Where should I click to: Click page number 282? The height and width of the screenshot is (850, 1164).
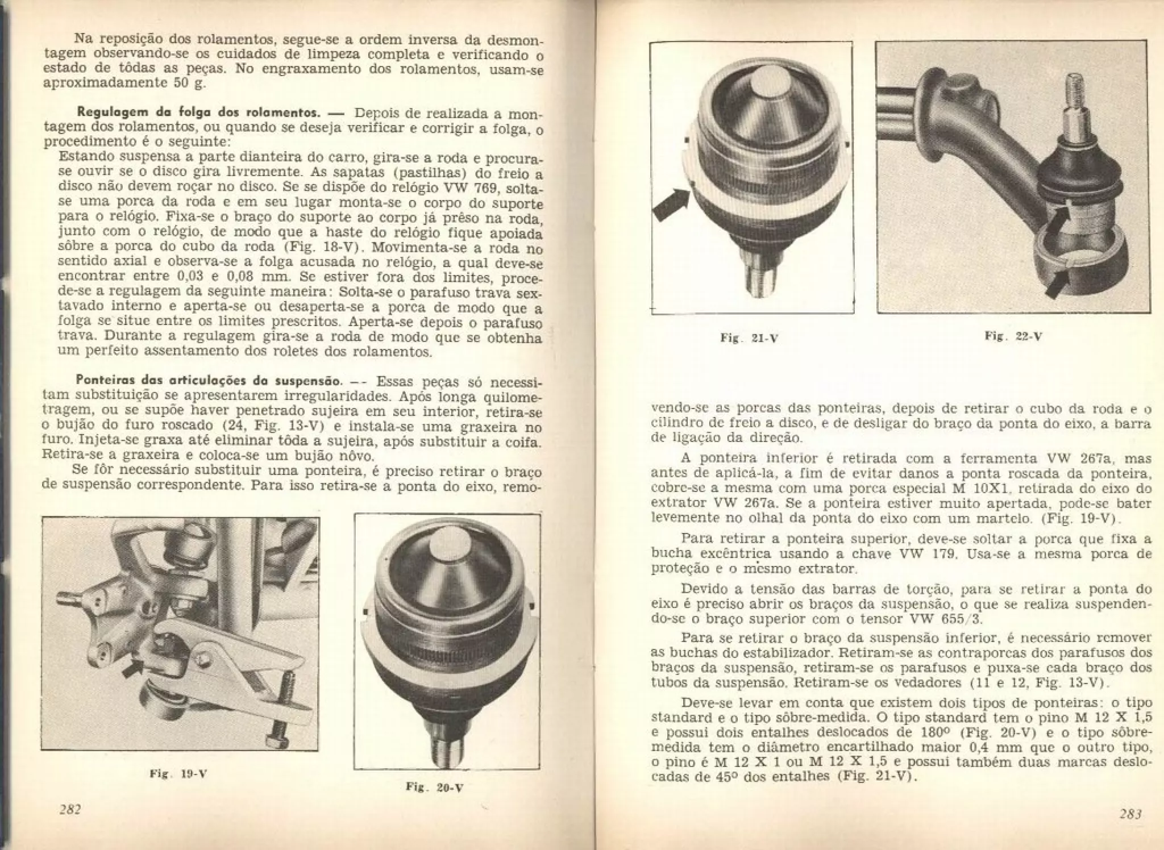[71, 810]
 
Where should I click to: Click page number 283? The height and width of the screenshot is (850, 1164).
[1130, 814]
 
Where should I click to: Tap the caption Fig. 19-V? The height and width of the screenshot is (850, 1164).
[178, 773]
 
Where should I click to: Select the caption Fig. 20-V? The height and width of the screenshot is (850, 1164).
[435, 787]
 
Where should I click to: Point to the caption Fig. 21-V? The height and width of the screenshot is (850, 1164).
[749, 338]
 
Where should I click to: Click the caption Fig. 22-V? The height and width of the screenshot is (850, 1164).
[1013, 336]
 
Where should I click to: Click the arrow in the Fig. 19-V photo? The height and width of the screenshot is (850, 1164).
[133, 669]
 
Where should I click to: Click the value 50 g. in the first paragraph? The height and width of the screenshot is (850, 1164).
[190, 84]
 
